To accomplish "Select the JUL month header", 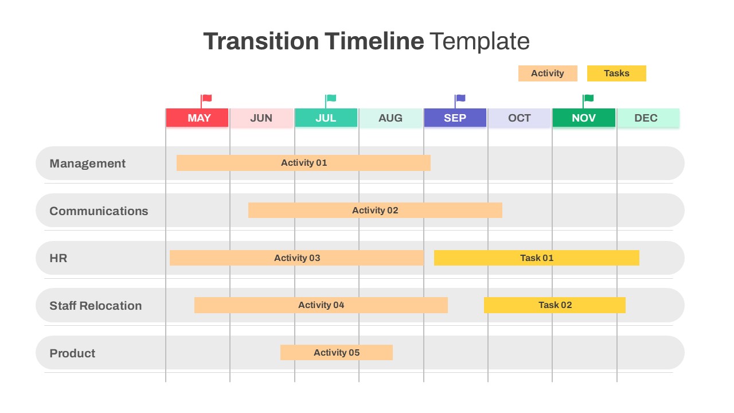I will [x=326, y=118].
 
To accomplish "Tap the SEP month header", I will [x=455, y=118].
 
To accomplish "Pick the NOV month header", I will [x=584, y=118].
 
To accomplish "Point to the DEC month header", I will [x=648, y=118].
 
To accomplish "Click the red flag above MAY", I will [x=206, y=99].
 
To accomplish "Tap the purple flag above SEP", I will [x=460, y=99].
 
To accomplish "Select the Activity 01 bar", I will [x=303, y=163].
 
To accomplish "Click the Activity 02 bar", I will [x=375, y=211].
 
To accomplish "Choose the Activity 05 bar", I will [x=337, y=353].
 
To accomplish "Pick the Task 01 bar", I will [x=536, y=258].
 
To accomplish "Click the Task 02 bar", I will [x=555, y=305].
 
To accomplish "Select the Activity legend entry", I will [x=548, y=73].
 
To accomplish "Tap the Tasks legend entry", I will [x=616, y=73].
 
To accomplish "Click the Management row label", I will [x=87, y=163].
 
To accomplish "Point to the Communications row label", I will [x=99, y=211].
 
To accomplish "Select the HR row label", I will [x=58, y=258].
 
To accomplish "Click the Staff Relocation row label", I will [x=95, y=306].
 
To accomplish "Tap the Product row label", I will [x=72, y=353].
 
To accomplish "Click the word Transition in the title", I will [x=260, y=42].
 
